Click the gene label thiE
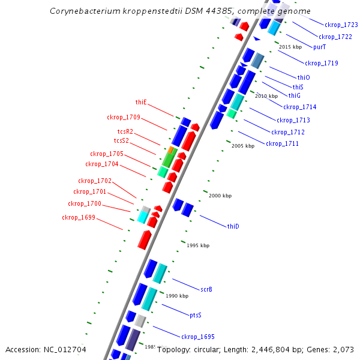coord(141,102)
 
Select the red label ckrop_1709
coord(124,117)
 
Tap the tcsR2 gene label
coord(125,131)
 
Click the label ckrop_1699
coord(79,217)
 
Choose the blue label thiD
coord(233,226)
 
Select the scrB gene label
coord(206,289)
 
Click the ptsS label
coord(196,315)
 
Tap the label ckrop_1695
coord(198,337)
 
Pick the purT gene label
coord(319,47)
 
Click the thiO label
coord(304,77)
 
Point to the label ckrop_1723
coord(341,25)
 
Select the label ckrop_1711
coord(282,143)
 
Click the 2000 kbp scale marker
coord(220,196)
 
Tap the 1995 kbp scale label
coord(198,245)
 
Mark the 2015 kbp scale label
coord(290,47)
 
